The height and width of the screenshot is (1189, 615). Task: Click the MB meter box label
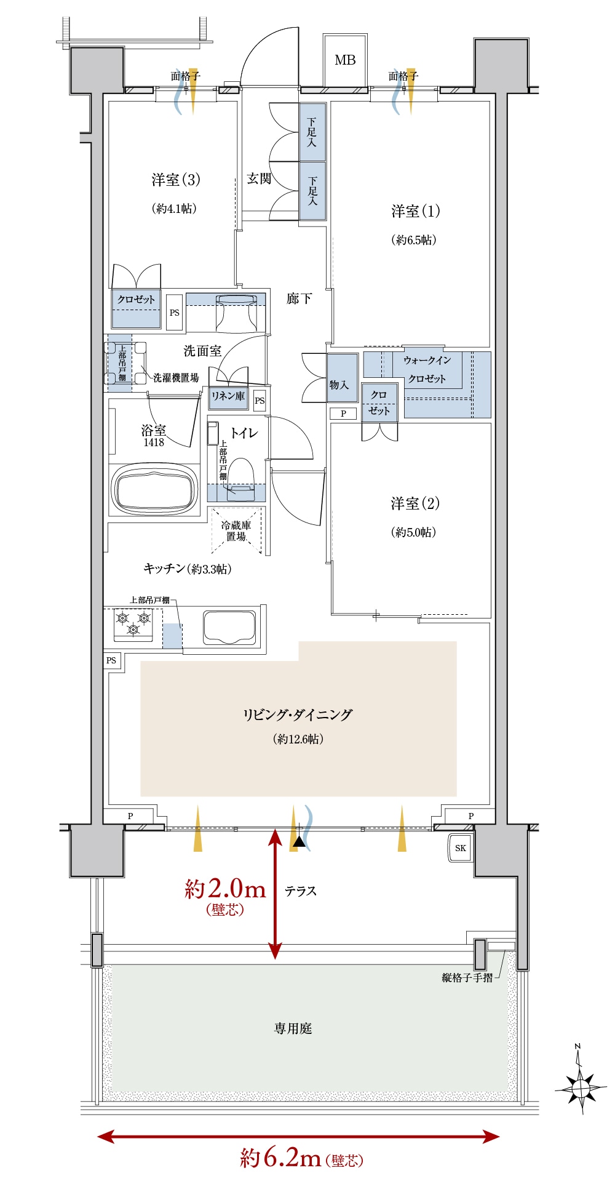click(x=345, y=60)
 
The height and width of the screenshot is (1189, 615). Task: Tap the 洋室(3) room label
click(x=176, y=180)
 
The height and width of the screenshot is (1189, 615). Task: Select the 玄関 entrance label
click(x=259, y=178)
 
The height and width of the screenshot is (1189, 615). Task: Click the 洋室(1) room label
click(x=416, y=211)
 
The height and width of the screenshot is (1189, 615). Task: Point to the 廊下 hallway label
click(x=299, y=298)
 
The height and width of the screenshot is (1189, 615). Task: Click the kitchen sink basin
click(x=229, y=628)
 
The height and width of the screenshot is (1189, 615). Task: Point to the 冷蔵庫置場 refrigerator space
click(x=237, y=530)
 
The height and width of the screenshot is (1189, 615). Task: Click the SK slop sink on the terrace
click(x=461, y=848)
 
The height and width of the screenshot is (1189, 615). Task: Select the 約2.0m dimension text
click(x=226, y=889)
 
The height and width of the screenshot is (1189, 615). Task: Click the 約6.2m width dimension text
click(x=281, y=1158)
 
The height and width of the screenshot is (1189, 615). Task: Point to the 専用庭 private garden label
click(x=293, y=1028)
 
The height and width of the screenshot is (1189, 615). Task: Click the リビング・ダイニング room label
click(x=298, y=715)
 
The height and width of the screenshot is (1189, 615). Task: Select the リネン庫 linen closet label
click(x=228, y=396)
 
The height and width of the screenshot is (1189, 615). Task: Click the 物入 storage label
click(x=339, y=385)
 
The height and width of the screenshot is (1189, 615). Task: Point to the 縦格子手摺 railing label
click(x=467, y=977)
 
